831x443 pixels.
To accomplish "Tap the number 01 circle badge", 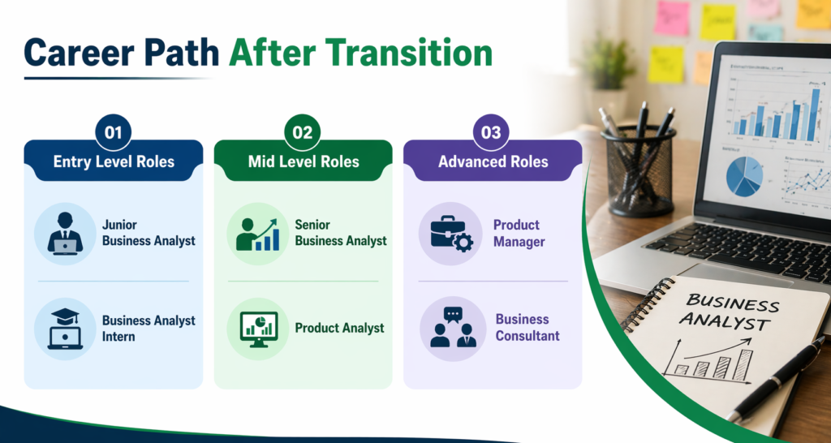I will [x=113, y=132].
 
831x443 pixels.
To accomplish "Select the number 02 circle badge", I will [x=303, y=132].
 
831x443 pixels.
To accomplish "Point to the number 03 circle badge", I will [x=492, y=132].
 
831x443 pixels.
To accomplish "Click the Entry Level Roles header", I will [x=114, y=161].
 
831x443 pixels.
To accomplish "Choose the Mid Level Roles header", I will [x=303, y=161].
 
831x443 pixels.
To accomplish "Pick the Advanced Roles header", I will [x=493, y=161].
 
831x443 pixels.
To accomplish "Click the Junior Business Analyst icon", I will [x=65, y=234].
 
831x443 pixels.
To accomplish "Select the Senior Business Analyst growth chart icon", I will [x=256, y=234].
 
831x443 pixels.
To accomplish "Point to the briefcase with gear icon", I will [x=450, y=234].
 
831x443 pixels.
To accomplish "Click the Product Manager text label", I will [x=519, y=234].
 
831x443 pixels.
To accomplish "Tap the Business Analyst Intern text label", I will [x=149, y=329].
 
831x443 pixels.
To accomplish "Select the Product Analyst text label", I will [x=339, y=329].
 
